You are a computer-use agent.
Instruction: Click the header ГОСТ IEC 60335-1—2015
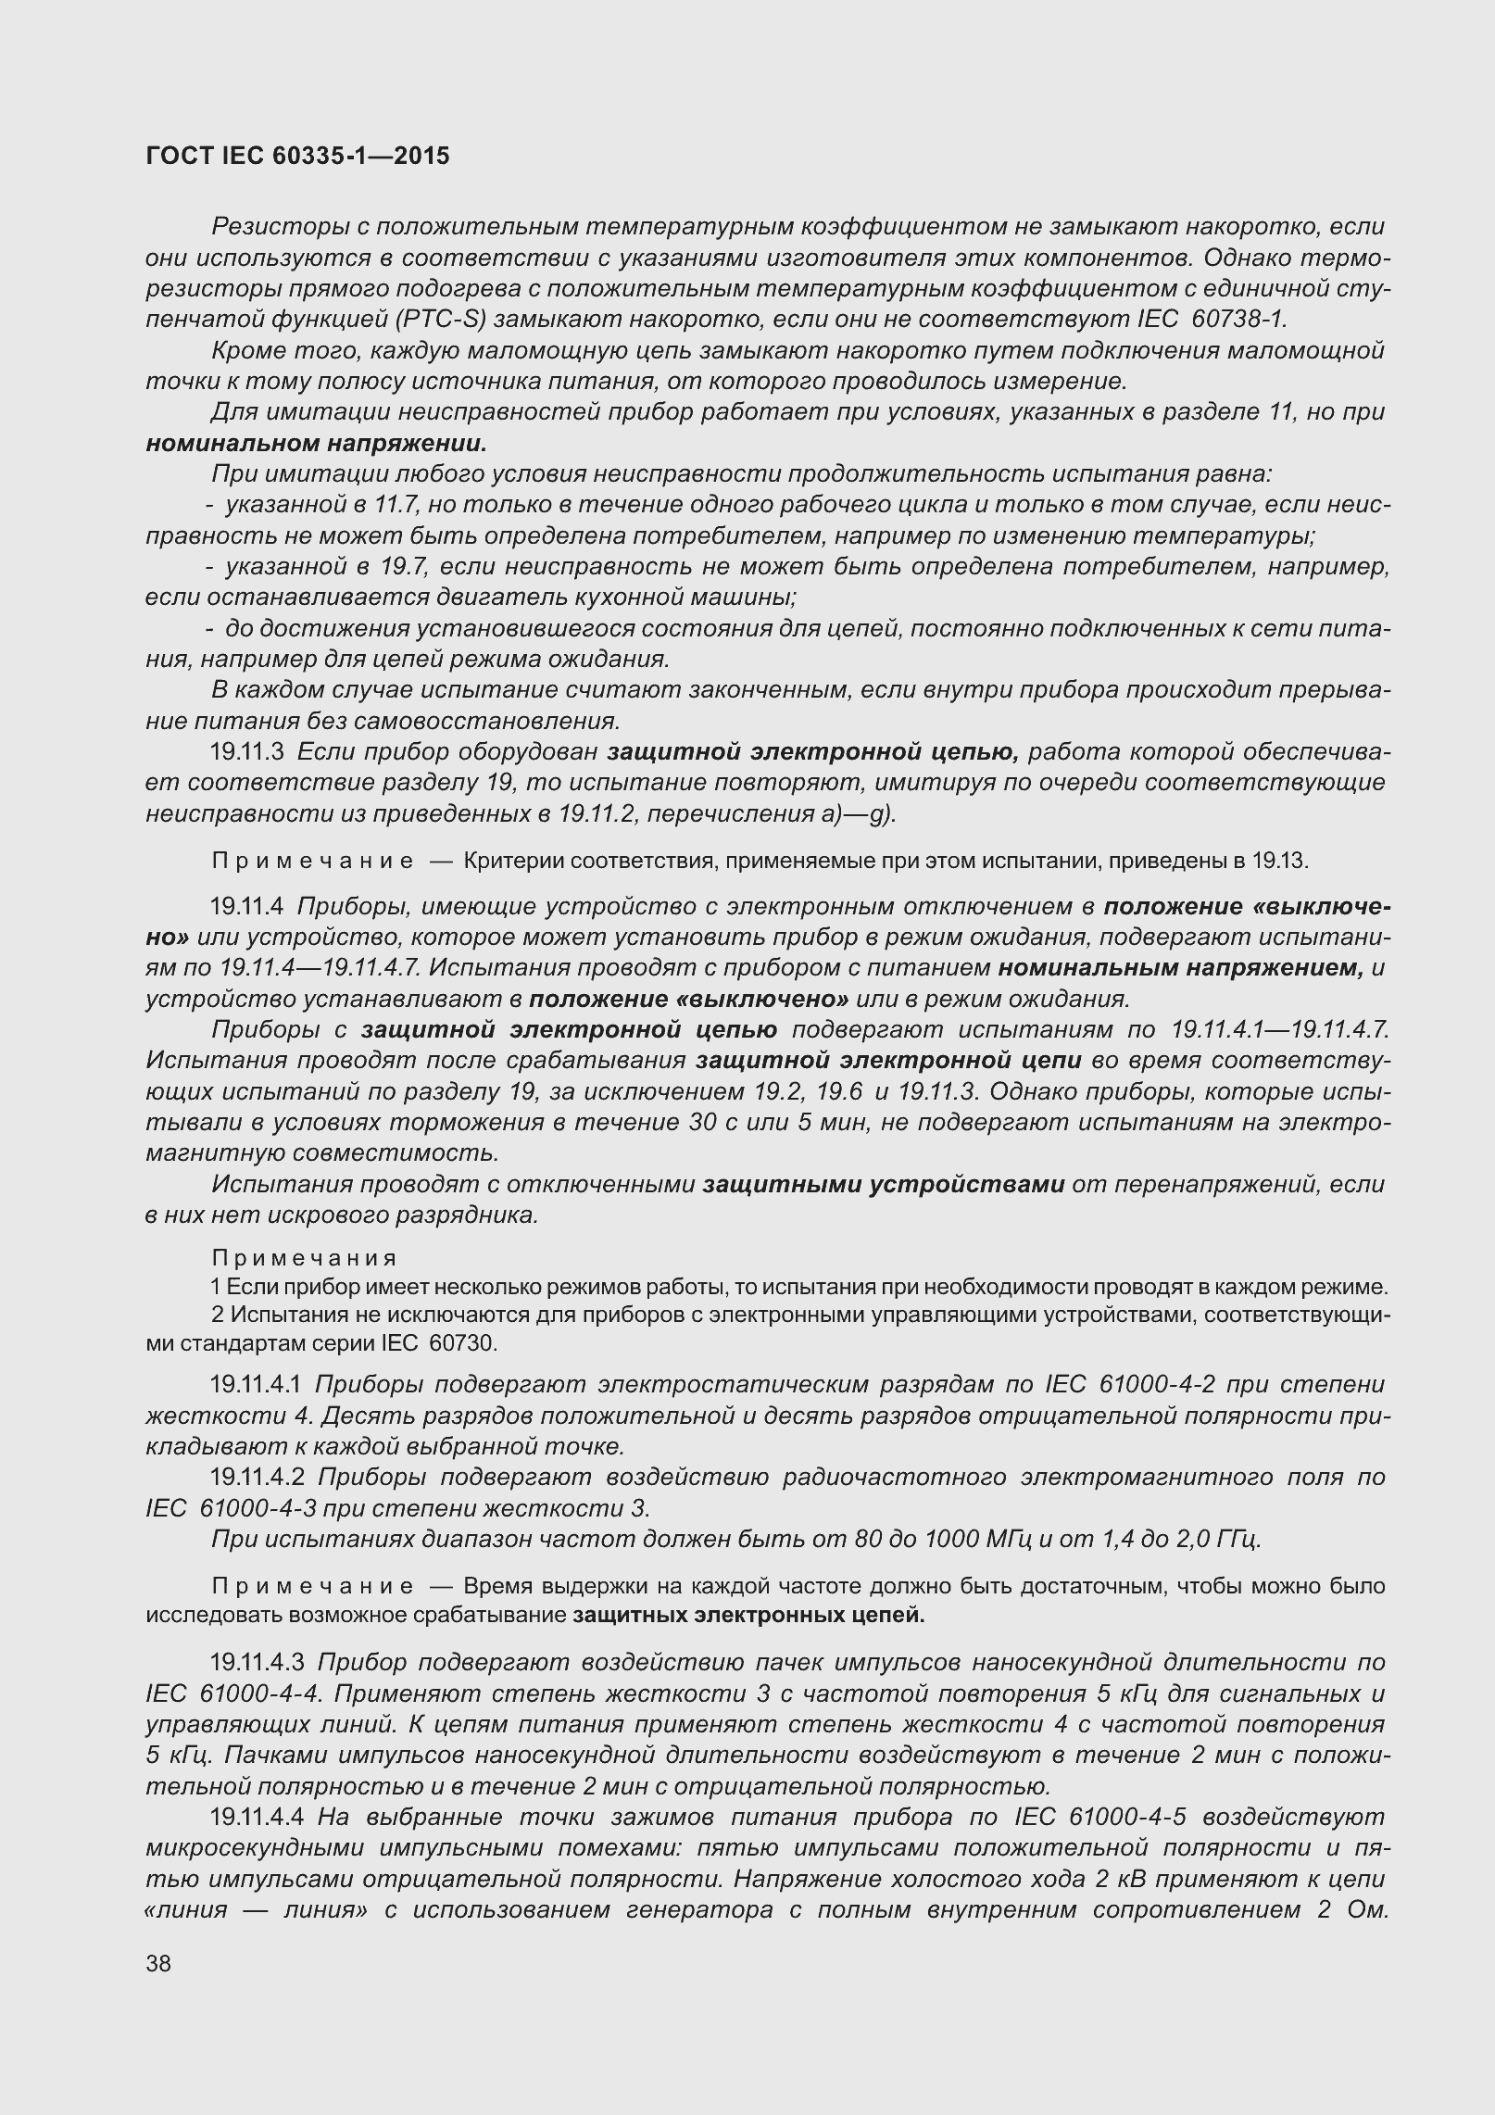[297, 157]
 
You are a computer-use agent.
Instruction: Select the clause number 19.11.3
[246, 751]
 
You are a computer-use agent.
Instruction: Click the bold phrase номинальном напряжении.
[316, 443]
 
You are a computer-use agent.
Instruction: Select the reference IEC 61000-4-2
[1131, 1385]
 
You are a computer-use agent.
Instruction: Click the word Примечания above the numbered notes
[305, 1258]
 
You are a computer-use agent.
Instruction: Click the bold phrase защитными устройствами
[884, 1184]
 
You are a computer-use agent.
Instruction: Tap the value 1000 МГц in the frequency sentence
[972, 1539]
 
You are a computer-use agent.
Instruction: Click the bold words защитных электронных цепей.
[748, 1616]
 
